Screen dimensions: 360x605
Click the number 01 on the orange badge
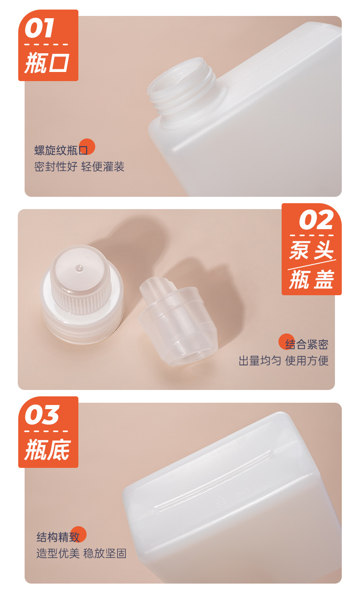[x=40, y=28]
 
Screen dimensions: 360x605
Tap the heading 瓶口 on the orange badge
[x=47, y=63]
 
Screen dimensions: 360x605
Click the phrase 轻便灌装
[x=103, y=166]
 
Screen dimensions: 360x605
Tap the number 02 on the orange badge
[x=316, y=220]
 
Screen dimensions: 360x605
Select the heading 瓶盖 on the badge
[x=311, y=279]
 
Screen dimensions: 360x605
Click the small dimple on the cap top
[x=79, y=268]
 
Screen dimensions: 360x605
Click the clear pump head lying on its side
[x=178, y=322]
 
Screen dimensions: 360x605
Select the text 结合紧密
[x=307, y=344]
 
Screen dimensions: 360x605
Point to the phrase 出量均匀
[x=260, y=360]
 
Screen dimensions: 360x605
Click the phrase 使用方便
[x=307, y=360]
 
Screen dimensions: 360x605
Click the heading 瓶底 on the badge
[x=47, y=450]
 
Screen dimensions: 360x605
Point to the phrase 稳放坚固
[x=105, y=554]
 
